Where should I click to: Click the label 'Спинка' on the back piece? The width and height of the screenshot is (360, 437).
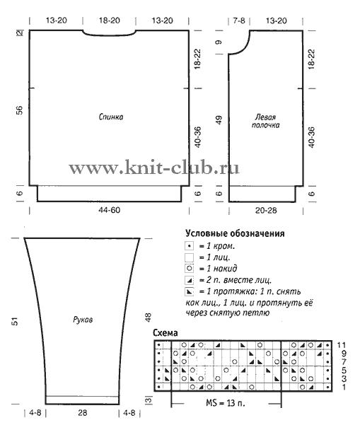(111, 117)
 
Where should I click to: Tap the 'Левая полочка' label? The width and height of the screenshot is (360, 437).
(265, 121)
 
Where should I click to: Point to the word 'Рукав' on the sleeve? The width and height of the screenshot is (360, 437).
(83, 320)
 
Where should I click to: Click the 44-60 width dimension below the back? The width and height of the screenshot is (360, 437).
(110, 210)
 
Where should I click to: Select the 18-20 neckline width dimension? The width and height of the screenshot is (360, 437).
(110, 21)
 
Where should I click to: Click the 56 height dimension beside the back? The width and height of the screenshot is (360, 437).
(20, 110)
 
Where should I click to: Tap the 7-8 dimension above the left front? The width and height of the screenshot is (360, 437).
(239, 21)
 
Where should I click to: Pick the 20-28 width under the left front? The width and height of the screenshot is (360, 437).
(266, 211)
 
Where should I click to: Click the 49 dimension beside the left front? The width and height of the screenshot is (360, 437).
(219, 120)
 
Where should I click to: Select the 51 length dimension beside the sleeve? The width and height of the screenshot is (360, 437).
(15, 321)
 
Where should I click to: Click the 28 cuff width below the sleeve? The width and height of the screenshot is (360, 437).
(83, 412)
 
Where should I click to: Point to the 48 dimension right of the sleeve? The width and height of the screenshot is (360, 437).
(148, 317)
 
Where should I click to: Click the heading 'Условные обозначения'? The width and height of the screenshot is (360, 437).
(235, 233)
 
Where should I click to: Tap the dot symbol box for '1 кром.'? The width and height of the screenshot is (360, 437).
(189, 246)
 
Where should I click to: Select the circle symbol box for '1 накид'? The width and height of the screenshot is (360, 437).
(189, 269)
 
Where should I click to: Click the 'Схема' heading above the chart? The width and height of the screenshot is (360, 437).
(166, 333)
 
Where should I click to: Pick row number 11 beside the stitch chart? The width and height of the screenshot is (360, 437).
(342, 345)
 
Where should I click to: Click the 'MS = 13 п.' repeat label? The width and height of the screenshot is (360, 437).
(226, 403)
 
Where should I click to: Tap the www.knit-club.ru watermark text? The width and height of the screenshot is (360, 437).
(154, 168)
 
